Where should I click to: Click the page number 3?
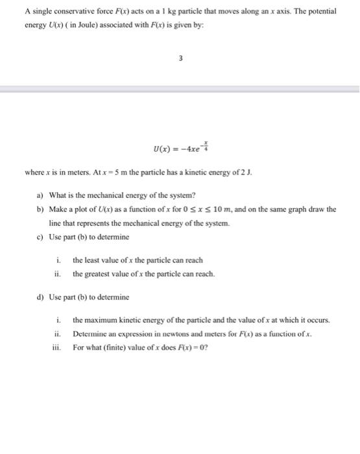[181, 58]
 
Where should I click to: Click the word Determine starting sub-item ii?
[91, 333]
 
